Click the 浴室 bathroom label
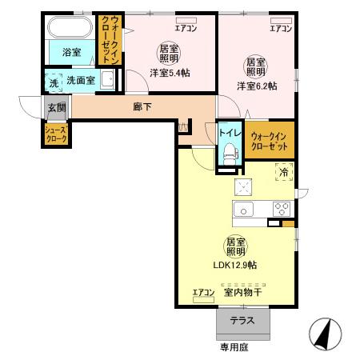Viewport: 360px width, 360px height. (x=71, y=52)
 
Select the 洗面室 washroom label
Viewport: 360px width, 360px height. (x=81, y=80)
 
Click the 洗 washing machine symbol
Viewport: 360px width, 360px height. (x=54, y=81)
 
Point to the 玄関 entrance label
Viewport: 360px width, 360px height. (x=55, y=107)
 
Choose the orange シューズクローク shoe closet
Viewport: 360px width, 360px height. (x=55, y=133)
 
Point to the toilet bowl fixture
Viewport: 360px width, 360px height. (x=230, y=151)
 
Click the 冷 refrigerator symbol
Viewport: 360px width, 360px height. (x=283, y=170)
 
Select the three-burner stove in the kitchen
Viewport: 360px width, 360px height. (x=282, y=208)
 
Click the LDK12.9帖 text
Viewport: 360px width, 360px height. (x=236, y=266)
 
